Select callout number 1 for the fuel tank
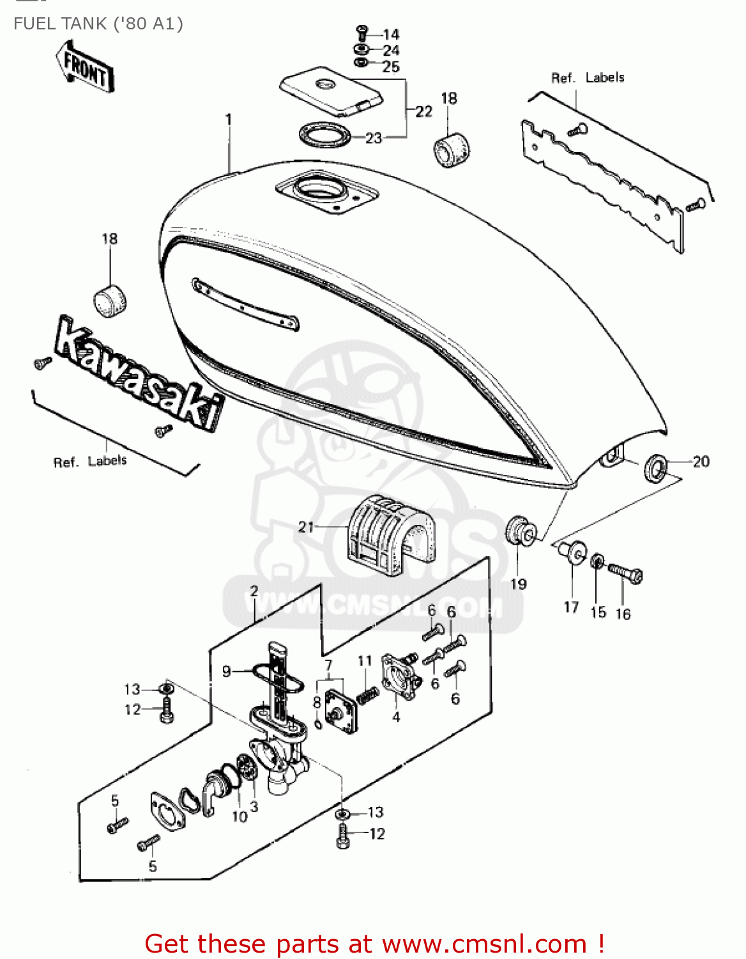228,120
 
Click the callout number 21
306,527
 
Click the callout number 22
423,112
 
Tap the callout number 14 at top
391,35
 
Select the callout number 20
701,462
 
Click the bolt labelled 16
625,573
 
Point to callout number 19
518,584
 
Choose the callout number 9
226,671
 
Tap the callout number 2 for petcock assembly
254,591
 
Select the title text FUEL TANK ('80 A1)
98,24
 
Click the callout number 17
571,607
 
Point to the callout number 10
239,816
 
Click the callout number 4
396,717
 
